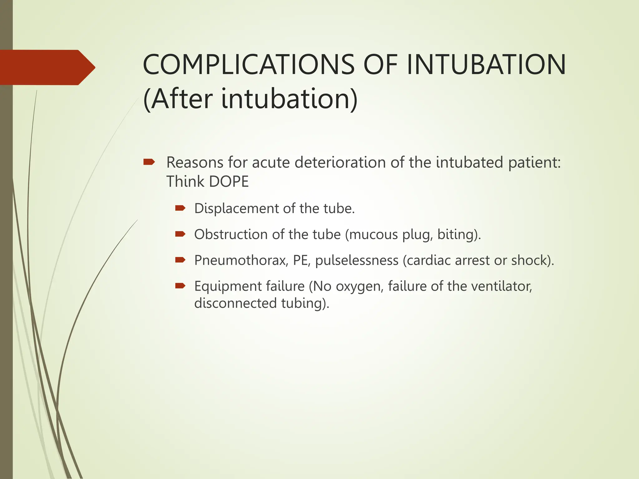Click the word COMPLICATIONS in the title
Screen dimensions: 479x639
[248, 65]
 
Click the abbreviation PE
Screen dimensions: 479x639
[301, 260]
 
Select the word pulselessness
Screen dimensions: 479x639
[357, 260]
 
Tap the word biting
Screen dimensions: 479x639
[457, 235]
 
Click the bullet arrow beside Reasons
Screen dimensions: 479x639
[149, 162]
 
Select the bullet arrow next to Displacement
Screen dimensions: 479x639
[180, 208]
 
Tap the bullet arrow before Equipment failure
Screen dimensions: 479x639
[180, 286]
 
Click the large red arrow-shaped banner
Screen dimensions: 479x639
[47, 67]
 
